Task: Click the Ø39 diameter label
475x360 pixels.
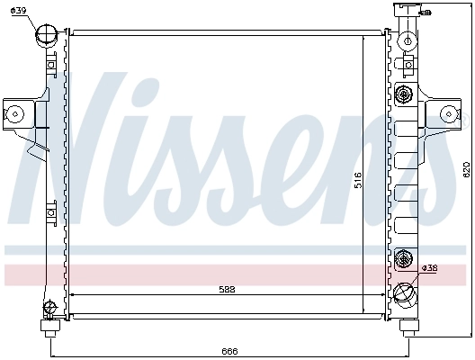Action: [20, 10]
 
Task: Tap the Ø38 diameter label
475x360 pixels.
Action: [430, 267]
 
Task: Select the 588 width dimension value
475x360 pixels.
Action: [229, 288]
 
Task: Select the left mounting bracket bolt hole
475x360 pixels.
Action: [15, 112]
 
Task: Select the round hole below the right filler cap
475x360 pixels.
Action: [408, 40]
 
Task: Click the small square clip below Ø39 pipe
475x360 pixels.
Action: [52, 65]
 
